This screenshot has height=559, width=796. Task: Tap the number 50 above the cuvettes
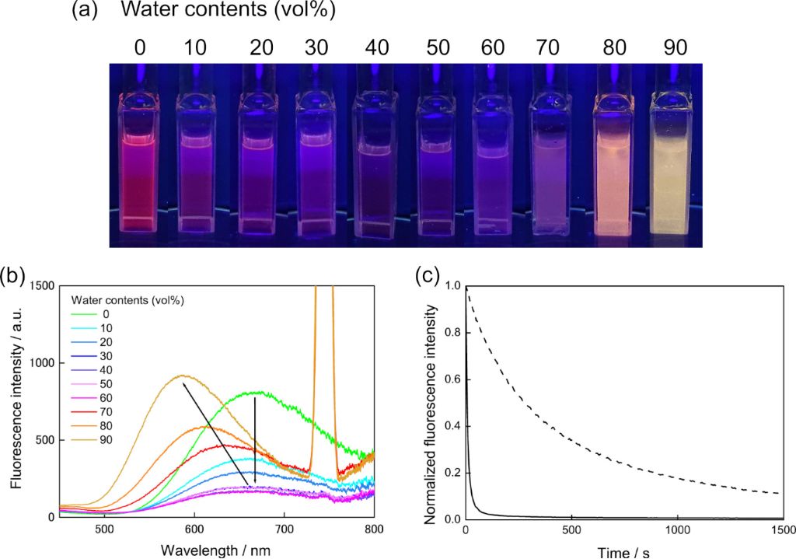438,47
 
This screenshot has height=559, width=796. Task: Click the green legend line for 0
86,313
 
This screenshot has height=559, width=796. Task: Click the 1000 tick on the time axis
677,530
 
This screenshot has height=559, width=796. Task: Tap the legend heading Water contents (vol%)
128,299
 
